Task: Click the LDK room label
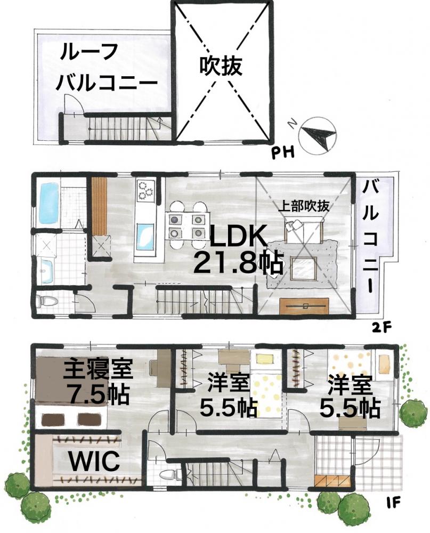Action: [238, 237]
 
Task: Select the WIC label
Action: [94, 461]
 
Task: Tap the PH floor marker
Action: [282, 153]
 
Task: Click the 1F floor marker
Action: [393, 502]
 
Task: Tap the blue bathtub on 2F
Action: [50, 203]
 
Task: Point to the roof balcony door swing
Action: [74, 103]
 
